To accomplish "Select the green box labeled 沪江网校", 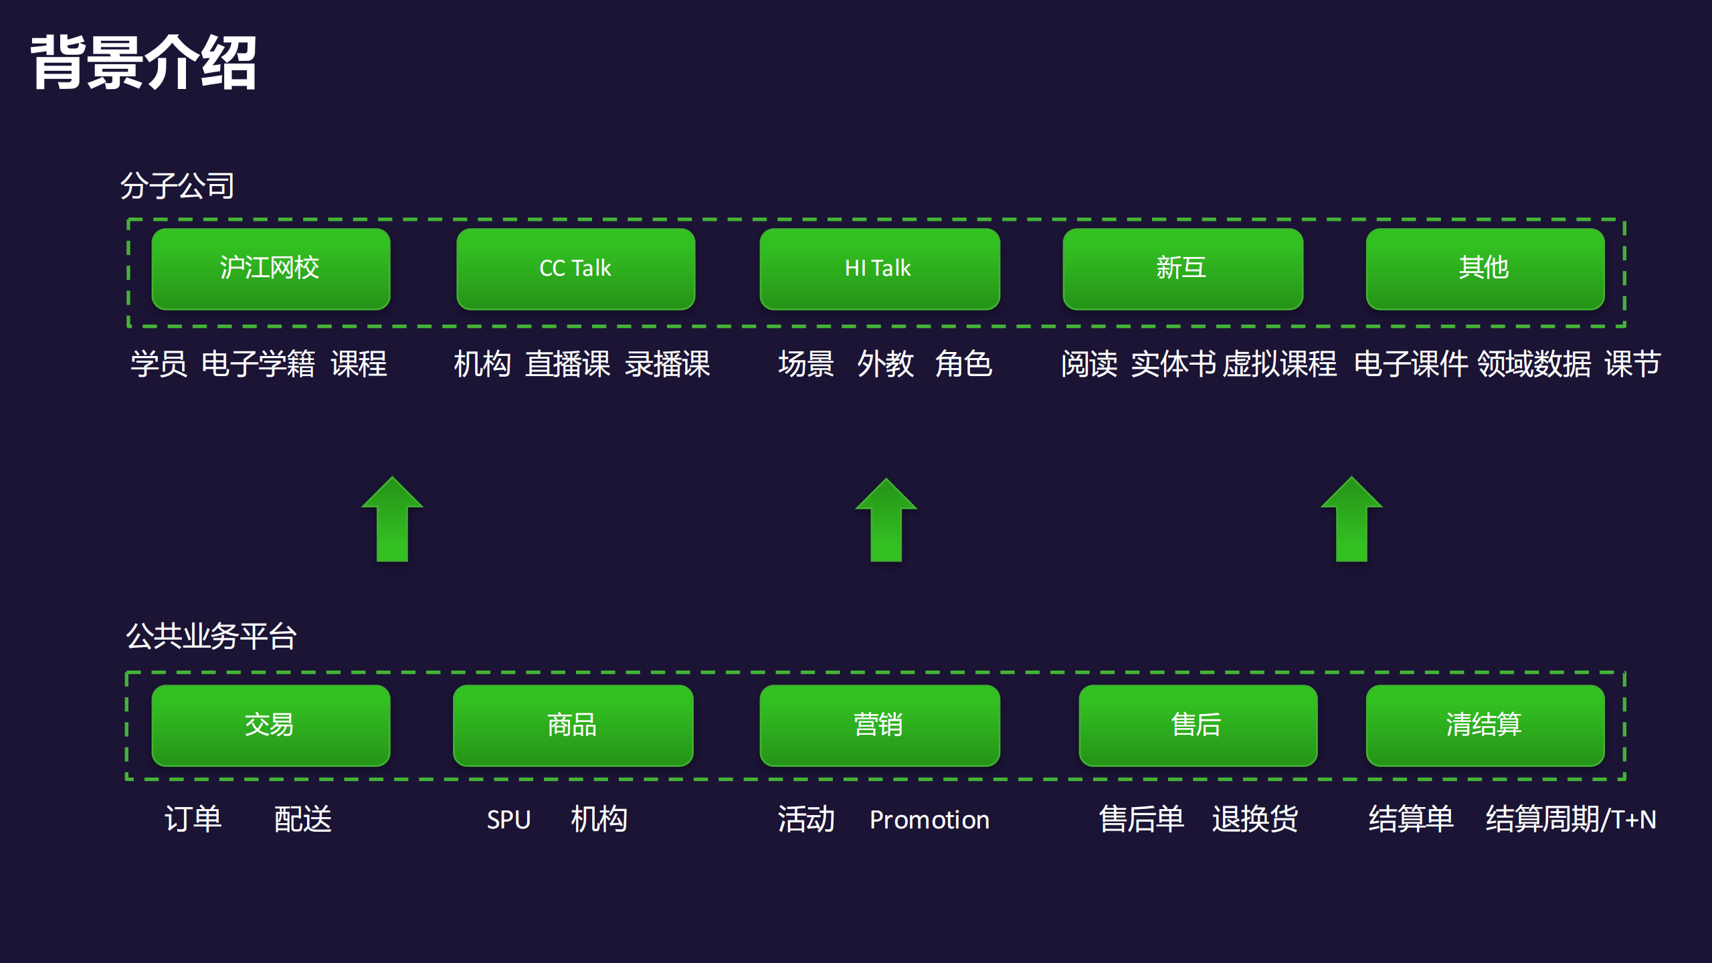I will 270,268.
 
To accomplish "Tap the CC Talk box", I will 575,268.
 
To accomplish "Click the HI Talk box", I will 879,268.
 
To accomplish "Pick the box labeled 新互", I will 1182,268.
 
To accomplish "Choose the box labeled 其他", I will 1485,268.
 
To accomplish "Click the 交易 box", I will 270,725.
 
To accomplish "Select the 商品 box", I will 573,725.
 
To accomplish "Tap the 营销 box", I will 879,725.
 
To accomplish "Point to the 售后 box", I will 1198,725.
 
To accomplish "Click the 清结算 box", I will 1485,725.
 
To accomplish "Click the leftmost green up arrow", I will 392,522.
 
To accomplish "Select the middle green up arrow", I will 886,522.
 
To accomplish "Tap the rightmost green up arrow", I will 1351,522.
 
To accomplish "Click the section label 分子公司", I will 177,185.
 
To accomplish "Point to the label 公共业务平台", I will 211,636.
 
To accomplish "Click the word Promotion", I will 929,820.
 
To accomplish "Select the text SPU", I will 508,820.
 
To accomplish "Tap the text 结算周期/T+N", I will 1570,820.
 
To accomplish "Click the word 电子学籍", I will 258,364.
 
